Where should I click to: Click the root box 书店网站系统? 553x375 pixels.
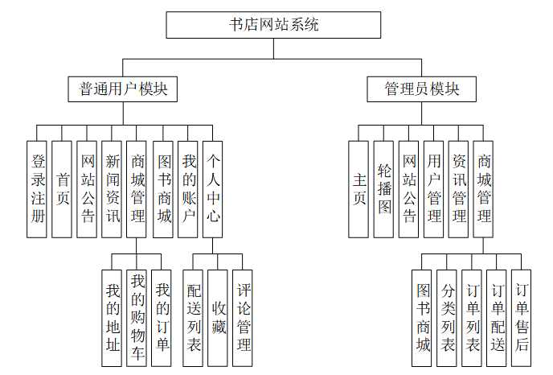point(273,25)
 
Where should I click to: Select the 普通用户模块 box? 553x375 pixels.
point(123,89)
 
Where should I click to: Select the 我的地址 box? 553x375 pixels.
point(112,319)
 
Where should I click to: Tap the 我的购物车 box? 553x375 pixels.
point(137,319)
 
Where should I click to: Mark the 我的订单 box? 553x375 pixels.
point(162,319)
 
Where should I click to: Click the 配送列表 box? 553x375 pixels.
point(194,319)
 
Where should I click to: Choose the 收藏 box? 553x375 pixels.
point(218,319)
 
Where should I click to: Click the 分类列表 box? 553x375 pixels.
point(448,319)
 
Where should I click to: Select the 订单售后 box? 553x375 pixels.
point(522,319)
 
